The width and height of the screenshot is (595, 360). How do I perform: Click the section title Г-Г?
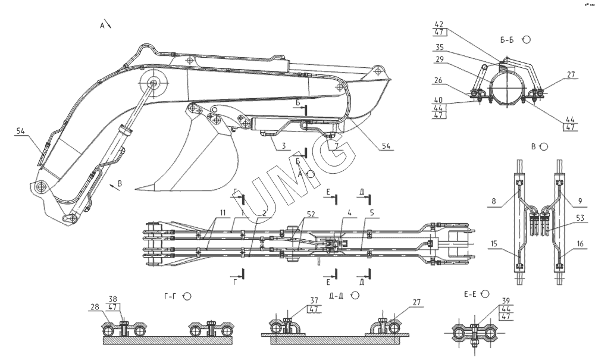pyautogui.click(x=169, y=295)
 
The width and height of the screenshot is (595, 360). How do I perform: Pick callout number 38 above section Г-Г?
pyautogui.click(x=113, y=300)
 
